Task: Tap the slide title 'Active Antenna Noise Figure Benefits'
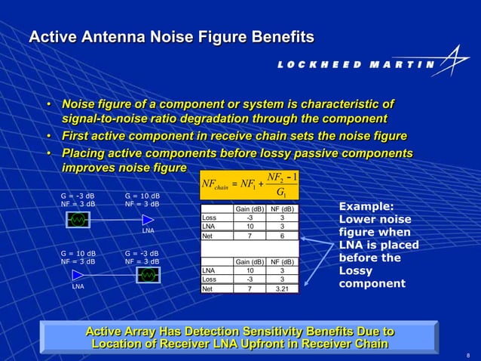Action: tap(171, 36)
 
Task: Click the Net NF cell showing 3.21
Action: tap(282, 288)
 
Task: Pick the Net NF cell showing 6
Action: tap(282, 236)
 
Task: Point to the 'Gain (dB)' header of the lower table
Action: tap(249, 261)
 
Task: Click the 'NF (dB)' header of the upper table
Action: tap(282, 209)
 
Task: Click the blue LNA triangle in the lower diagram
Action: tap(78, 275)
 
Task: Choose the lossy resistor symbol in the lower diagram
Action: tap(147, 275)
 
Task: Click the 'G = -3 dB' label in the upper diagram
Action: tap(77, 196)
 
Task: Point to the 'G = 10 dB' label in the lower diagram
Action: tap(77, 252)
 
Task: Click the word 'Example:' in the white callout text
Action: tap(366, 206)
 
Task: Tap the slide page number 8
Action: tap(468, 355)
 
